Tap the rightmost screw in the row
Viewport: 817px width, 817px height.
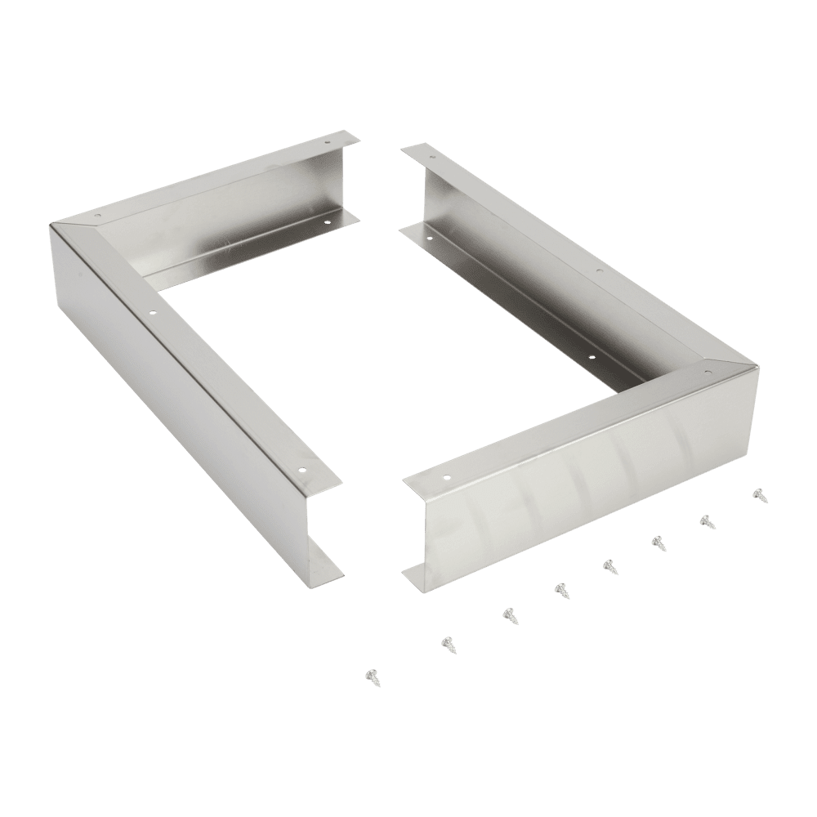click(759, 493)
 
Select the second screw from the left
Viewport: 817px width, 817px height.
click(448, 644)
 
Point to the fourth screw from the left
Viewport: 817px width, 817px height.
click(561, 588)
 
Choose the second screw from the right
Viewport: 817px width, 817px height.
click(704, 520)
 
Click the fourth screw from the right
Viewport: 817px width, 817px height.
click(609, 565)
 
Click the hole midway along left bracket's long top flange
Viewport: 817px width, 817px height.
click(152, 310)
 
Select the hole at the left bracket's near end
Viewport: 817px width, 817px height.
click(302, 469)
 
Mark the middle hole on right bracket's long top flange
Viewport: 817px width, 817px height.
click(599, 270)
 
